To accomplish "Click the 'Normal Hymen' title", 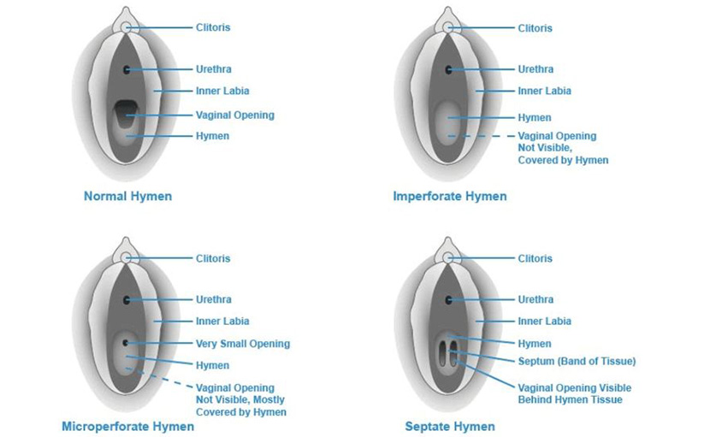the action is tap(127, 196).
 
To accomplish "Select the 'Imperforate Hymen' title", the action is tap(450, 196).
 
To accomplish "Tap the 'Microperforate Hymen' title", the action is tap(127, 426).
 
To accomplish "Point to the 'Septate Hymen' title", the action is tap(450, 426).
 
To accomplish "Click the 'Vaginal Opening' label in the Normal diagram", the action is tap(235, 115).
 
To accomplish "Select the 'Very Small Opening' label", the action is tap(243, 344).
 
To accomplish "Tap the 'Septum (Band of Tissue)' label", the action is tap(577, 361).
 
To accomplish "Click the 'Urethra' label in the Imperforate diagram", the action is tap(535, 69).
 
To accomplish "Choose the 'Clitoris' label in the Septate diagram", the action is tap(535, 258).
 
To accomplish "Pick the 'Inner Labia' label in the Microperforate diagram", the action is tap(222, 321).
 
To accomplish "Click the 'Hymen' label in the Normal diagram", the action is tap(212, 136).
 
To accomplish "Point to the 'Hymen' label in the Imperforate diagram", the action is tap(535, 118).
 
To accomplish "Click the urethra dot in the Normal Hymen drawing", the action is tap(127, 69).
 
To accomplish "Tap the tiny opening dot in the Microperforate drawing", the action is tap(126, 343).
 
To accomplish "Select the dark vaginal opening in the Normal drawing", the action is tap(126, 113).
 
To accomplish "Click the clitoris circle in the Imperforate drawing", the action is tap(448, 27).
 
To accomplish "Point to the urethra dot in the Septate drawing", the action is tap(449, 300).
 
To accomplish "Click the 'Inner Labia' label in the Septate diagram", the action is tap(544, 321).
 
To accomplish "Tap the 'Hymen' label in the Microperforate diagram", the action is tap(212, 365).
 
